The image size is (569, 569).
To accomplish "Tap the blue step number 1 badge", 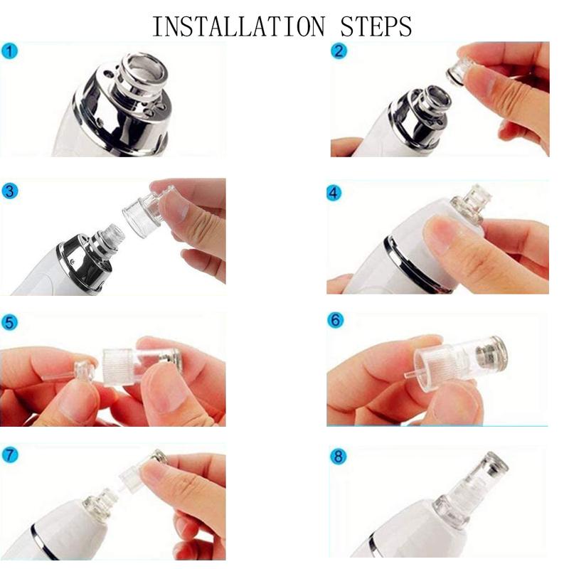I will pyautogui.click(x=8, y=51).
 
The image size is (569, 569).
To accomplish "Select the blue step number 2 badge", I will pyautogui.click(x=339, y=51).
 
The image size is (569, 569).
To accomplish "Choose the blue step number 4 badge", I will pyautogui.click(x=335, y=193).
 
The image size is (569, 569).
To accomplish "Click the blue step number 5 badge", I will pyautogui.click(x=8, y=322).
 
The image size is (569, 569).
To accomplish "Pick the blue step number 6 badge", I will pyautogui.click(x=336, y=321).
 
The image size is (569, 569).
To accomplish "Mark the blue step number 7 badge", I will pyautogui.click(x=8, y=454).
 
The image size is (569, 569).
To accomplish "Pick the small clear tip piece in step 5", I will pyautogui.click(x=84, y=372).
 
